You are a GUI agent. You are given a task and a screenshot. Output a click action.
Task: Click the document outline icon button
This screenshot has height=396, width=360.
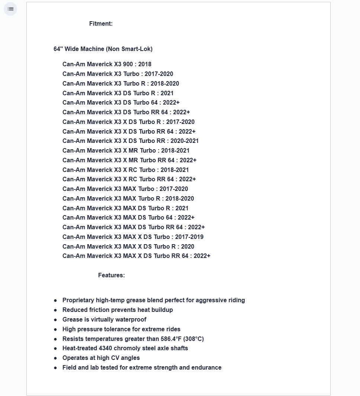point(10,9)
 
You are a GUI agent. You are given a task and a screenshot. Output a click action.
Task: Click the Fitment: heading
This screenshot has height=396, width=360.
point(101,24)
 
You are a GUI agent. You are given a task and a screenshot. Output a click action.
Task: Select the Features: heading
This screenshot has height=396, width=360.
point(111,275)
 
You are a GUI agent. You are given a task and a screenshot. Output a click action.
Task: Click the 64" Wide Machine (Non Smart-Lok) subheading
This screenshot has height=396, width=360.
point(103,49)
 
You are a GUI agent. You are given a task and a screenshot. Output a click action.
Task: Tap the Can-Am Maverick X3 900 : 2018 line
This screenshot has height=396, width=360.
point(107,64)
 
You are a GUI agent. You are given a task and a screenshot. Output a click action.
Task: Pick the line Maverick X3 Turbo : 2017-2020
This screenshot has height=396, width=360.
point(118,74)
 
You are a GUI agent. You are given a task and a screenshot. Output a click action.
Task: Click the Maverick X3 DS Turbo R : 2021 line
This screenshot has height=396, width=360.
point(118,93)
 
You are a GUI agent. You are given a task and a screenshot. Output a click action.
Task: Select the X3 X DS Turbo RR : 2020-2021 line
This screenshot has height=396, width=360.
point(131,141)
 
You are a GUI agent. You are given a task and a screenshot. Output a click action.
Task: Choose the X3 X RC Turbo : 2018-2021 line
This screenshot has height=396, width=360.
point(125,170)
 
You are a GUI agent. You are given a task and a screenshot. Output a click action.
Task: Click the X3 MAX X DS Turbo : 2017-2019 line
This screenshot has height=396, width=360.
point(133,237)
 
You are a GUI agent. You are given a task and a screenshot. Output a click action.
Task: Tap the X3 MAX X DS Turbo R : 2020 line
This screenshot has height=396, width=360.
point(128,247)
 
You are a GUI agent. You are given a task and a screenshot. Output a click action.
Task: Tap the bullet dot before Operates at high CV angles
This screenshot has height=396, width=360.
point(55,358)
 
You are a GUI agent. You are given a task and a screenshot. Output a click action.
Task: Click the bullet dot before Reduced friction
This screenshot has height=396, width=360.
point(55,310)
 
